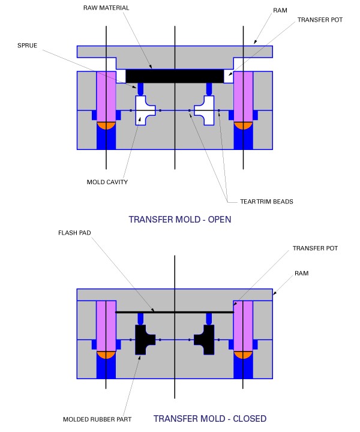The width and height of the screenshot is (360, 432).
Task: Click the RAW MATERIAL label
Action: pyautogui.click(x=106, y=8)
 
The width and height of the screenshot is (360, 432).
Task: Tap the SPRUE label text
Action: pyautogui.click(x=27, y=46)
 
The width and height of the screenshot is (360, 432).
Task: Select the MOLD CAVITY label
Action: pyautogui.click(x=107, y=182)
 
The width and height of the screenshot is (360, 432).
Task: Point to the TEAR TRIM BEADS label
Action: pyautogui.click(x=266, y=202)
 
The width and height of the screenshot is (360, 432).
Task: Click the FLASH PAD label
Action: pyautogui.click(x=74, y=233)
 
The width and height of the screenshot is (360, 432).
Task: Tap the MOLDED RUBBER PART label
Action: pyautogui.click(x=97, y=419)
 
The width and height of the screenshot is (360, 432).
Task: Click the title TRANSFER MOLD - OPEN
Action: pyautogui.click(x=180, y=220)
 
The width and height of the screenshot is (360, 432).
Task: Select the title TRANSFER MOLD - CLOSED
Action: pyautogui.click(x=210, y=419)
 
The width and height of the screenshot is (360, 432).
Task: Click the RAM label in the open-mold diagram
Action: pyautogui.click(x=280, y=10)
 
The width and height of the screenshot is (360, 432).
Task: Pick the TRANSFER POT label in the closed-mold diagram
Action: pyautogui.click(x=315, y=248)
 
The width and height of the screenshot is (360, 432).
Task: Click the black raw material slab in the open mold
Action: pyautogui.click(x=175, y=76)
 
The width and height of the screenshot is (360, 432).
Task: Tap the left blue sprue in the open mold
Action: pyautogui.click(x=140, y=89)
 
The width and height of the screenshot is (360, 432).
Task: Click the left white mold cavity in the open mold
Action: pyautogui.click(x=143, y=110)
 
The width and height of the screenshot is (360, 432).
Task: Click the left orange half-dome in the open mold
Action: pyautogui.click(x=106, y=125)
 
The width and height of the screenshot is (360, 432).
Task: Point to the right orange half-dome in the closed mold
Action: pyautogui.click(x=243, y=355)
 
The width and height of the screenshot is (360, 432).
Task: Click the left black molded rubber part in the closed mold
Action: pyautogui.click(x=143, y=340)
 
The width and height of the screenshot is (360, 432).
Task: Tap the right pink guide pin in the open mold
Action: pyautogui.click(x=243, y=97)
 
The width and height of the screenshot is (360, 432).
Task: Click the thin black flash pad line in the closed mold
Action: pyautogui.click(x=175, y=312)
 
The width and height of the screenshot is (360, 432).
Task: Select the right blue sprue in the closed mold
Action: pyautogui.click(x=209, y=319)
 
